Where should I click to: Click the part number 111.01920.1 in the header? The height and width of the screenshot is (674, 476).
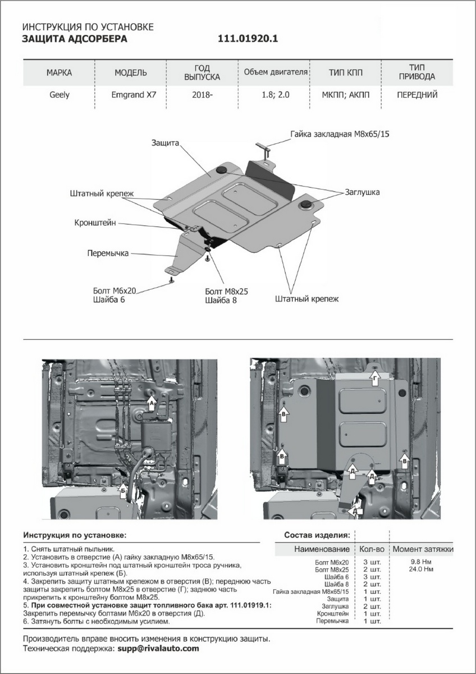coord(248,39)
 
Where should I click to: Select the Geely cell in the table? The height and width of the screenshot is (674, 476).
coord(59,94)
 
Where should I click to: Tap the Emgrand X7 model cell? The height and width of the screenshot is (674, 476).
coord(131,94)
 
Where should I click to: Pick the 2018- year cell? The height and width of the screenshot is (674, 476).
coord(202,94)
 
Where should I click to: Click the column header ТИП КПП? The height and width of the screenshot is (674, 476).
coord(345,72)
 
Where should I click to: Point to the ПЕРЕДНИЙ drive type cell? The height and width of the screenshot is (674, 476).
coord(417,94)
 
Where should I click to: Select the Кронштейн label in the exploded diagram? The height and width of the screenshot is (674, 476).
coord(95,223)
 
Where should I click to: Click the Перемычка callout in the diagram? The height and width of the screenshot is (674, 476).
coord(108,253)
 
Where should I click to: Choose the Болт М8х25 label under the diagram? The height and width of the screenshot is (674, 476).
coord(227,292)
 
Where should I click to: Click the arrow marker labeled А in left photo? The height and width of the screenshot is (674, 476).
coord(151,402)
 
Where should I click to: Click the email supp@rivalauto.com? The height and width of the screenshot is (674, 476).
coord(158,648)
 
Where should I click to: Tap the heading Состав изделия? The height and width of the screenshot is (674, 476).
coord(317,534)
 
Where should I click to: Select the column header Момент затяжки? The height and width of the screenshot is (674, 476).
coord(423,549)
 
